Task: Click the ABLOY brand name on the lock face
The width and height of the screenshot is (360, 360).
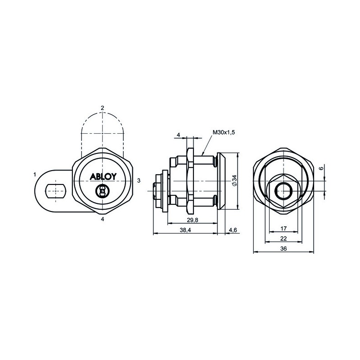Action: click(103, 176)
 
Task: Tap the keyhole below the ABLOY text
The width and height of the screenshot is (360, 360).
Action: click(101, 191)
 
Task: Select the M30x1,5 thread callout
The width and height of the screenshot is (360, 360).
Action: click(224, 132)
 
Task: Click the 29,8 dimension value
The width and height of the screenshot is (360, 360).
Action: click(193, 220)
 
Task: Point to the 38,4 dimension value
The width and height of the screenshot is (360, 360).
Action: click(185, 230)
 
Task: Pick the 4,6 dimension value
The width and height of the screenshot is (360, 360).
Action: click(233, 230)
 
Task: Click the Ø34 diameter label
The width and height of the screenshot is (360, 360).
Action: click(234, 180)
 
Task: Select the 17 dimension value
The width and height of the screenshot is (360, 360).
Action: click(283, 229)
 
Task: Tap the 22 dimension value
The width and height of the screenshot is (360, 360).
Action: click(283, 238)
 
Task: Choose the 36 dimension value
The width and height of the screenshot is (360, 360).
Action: click(283, 249)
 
